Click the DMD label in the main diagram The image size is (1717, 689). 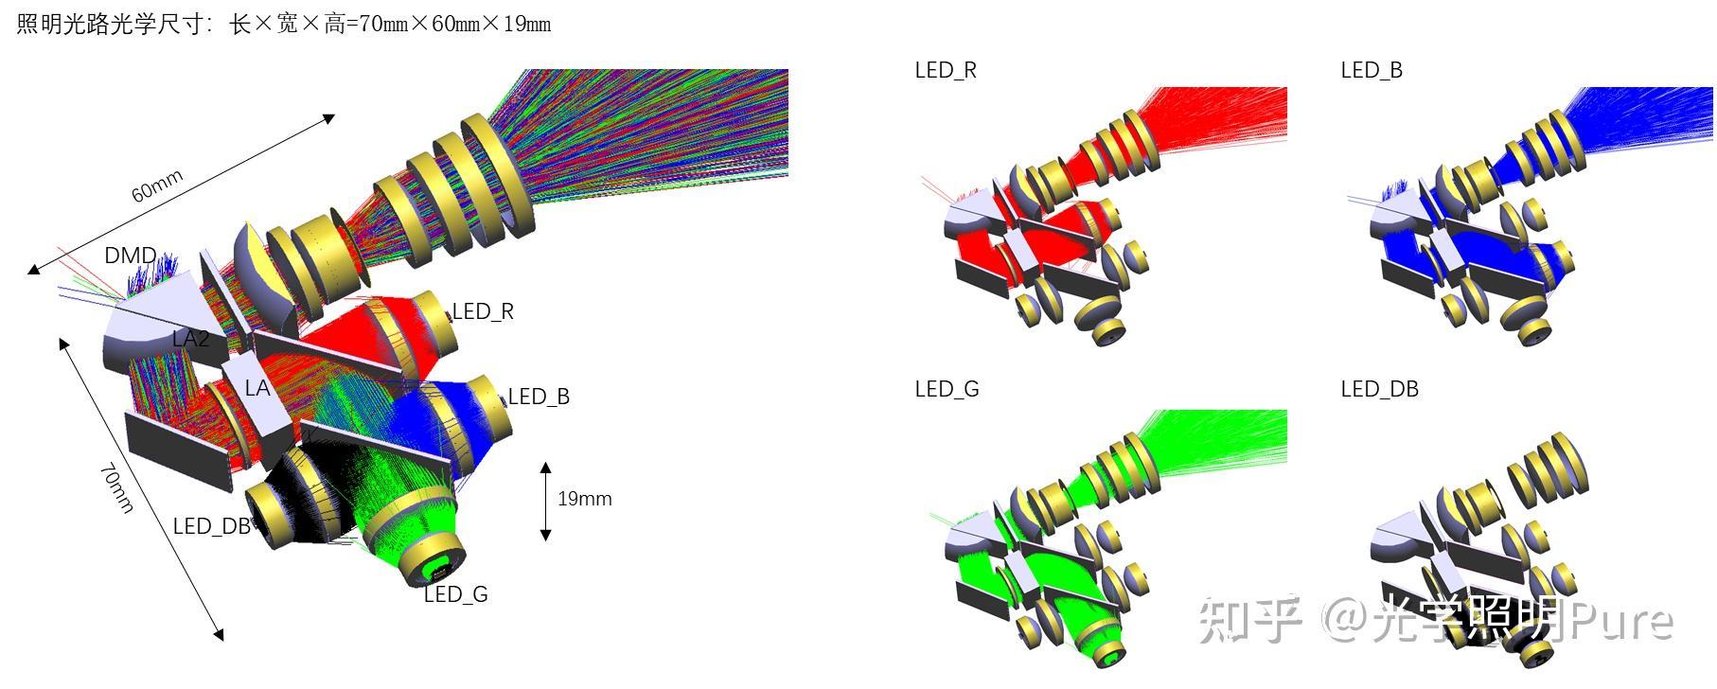[x=131, y=256]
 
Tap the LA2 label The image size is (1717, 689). [x=191, y=338]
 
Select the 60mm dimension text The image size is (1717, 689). [x=157, y=186]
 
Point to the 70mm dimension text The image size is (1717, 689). [x=117, y=487]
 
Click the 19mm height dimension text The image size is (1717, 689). [x=585, y=499]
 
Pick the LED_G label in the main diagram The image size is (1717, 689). [x=455, y=594]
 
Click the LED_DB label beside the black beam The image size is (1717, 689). [x=211, y=526]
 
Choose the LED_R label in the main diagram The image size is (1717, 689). [x=483, y=311]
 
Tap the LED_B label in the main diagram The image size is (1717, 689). [x=539, y=397]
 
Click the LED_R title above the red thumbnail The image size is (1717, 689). [x=946, y=70]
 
